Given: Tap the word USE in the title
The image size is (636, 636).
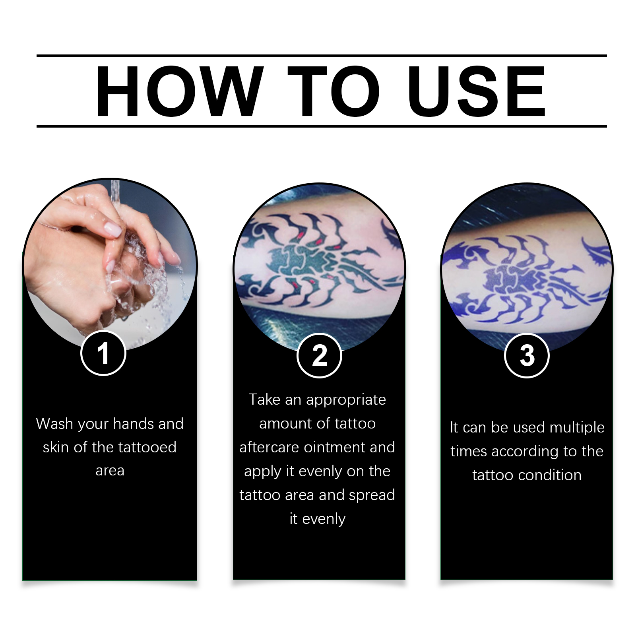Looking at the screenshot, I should pos(476,92).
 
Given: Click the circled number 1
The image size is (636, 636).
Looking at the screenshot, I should pos(103,353).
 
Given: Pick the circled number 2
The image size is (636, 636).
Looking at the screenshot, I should pos(319,355).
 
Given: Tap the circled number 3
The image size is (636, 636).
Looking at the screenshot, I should pos(527,355).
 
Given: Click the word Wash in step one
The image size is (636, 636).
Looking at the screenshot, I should pos(54,424).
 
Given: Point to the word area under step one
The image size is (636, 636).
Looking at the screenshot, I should pos(110,471).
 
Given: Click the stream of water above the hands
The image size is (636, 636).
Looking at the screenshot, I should pos(115,195).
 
